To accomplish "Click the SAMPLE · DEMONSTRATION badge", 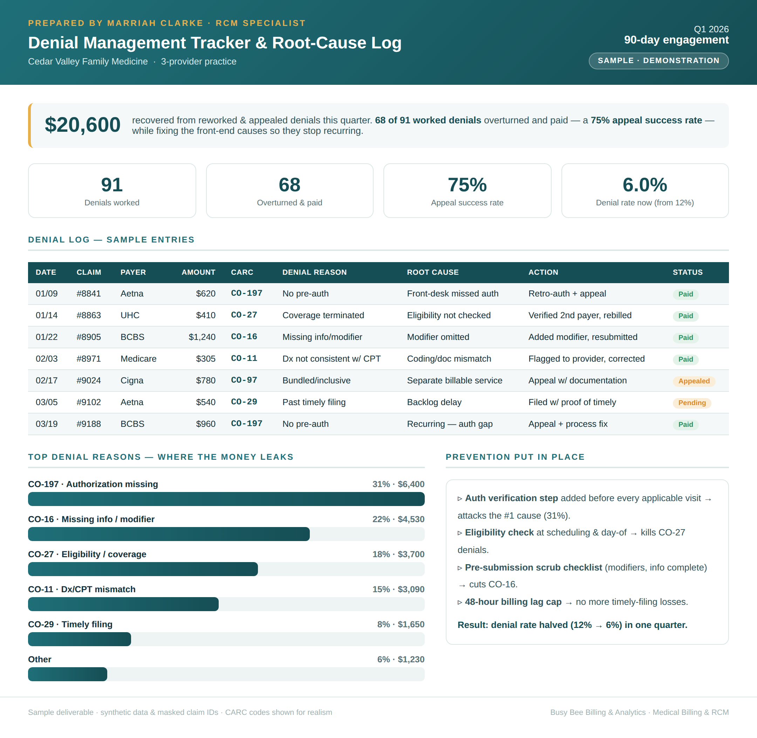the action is click(658, 61).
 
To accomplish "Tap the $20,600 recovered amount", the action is click(83, 125).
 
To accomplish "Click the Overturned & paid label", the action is click(289, 203).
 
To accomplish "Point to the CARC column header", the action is click(242, 272).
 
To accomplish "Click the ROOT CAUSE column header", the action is click(432, 272).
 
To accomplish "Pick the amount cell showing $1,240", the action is click(202, 337).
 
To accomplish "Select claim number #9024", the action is click(89, 380).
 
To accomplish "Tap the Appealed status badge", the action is click(694, 381).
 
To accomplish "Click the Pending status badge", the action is click(692, 403).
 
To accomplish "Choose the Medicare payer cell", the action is click(138, 358).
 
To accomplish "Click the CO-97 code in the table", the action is click(244, 380).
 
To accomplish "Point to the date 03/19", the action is click(47, 424).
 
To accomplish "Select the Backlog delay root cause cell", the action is click(434, 402).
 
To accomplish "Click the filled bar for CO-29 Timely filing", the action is click(80, 639).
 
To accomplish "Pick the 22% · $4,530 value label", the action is click(398, 519).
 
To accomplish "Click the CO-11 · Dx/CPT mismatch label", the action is click(82, 589).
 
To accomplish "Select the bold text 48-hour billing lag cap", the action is click(513, 602).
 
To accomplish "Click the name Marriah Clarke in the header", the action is click(155, 23).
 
